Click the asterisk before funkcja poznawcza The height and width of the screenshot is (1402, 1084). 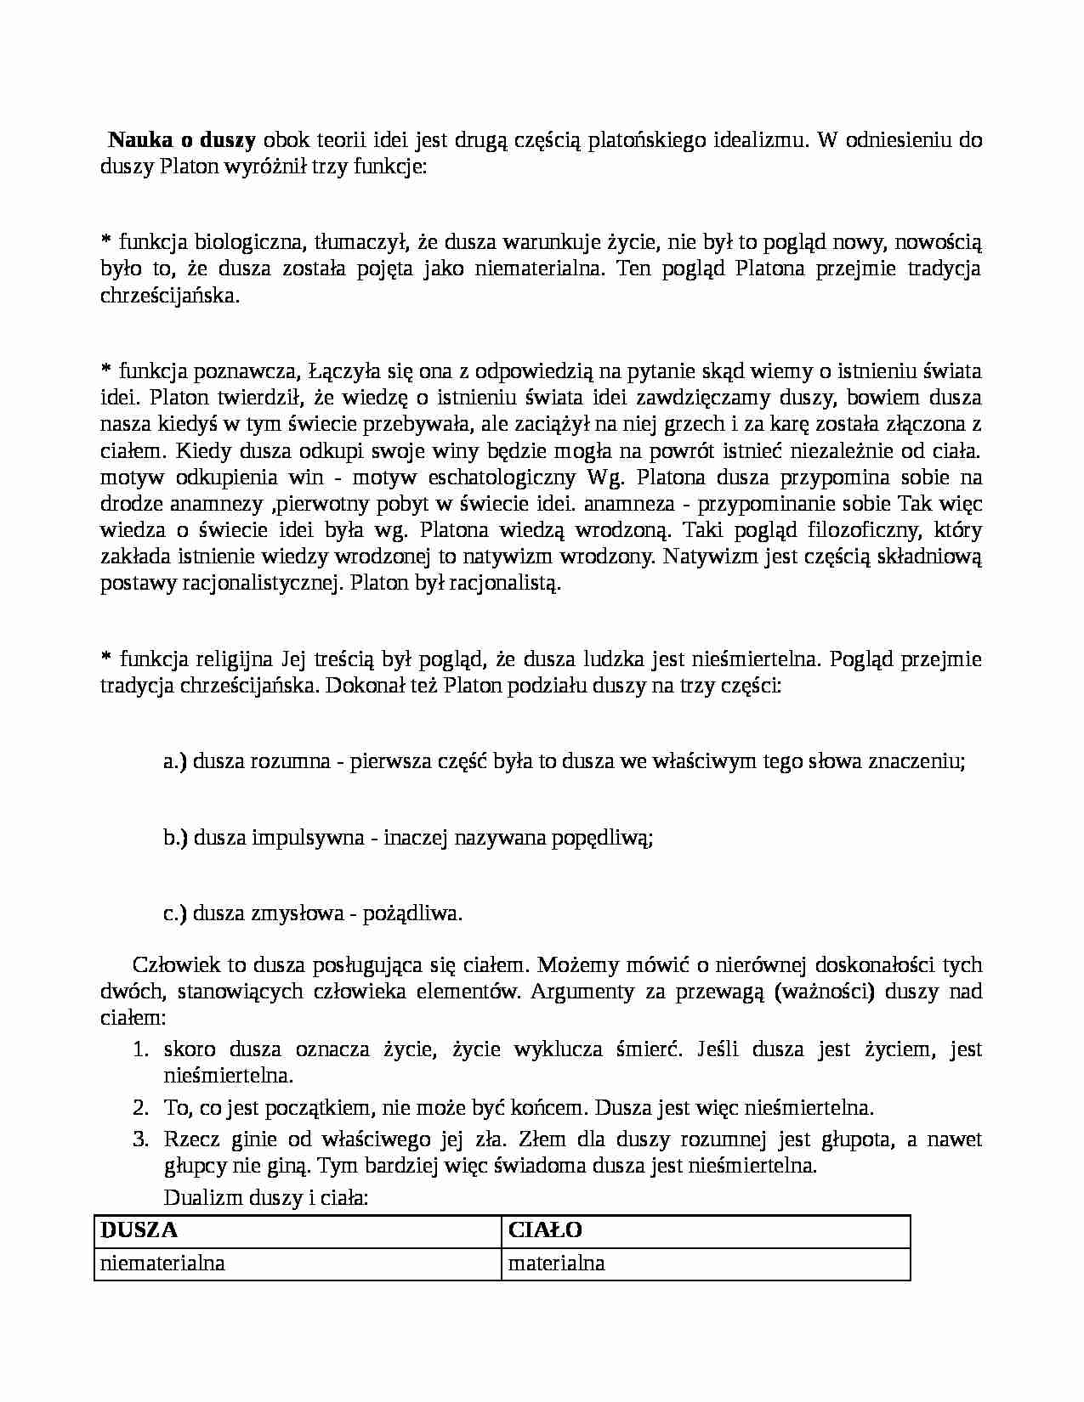click(x=105, y=370)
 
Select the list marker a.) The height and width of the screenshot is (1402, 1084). click(x=175, y=761)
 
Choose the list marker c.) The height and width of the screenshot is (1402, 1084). click(x=174, y=913)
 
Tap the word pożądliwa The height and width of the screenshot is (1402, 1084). click(x=412, y=913)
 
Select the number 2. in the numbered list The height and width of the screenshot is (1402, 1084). click(x=141, y=1108)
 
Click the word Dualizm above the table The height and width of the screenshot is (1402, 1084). click(x=201, y=1198)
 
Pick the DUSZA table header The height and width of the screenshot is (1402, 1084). click(x=139, y=1230)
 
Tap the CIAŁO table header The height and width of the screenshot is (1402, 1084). click(x=545, y=1230)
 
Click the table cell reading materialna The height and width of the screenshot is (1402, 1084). click(x=556, y=1263)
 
